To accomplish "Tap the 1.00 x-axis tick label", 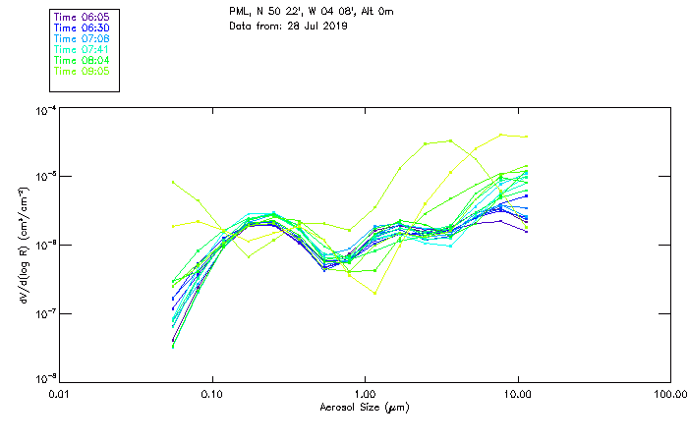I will click(366, 394).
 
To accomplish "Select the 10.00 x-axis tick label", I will click(517, 394).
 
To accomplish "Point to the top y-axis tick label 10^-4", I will click(44, 111).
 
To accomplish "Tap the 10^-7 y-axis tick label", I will click(44, 312).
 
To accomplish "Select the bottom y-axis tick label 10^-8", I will click(44, 378).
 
